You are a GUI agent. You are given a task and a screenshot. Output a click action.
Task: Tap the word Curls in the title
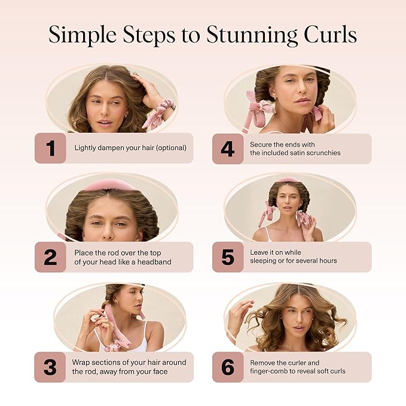point(328,34)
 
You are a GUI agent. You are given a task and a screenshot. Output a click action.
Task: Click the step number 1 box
point(50,148)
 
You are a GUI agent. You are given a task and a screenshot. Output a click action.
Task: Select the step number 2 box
point(50,257)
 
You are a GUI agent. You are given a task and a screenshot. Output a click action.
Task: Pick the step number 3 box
point(50,367)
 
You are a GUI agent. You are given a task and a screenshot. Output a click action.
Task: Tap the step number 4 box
point(228,148)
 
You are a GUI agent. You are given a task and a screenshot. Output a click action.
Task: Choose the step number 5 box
point(228,257)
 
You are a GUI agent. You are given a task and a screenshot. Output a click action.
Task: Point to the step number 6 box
point(228,367)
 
